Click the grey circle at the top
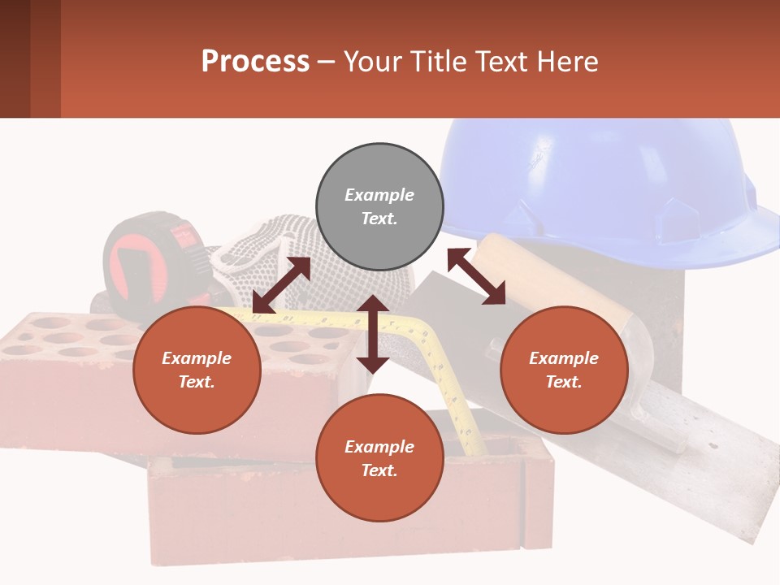tap(379, 207)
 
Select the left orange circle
tap(197, 370)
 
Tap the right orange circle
tap(564, 370)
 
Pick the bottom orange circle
tap(379, 458)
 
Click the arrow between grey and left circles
tap(281, 285)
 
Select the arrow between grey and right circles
tap(476, 277)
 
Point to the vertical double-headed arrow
tap(373, 334)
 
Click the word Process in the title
tap(255, 62)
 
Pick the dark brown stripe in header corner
tap(15, 58)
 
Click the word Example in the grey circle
tap(379, 195)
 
